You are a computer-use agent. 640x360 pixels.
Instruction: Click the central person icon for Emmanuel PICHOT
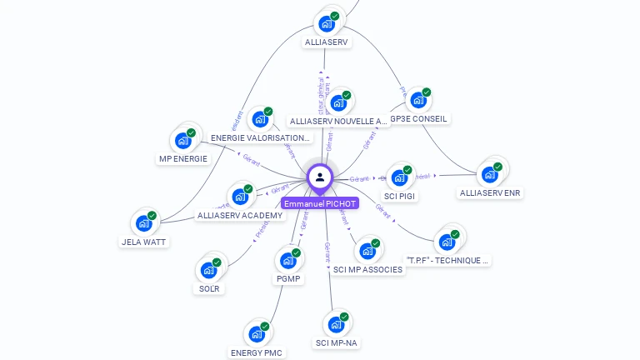tap(320, 177)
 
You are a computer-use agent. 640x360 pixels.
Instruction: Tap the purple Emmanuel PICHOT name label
tap(320, 203)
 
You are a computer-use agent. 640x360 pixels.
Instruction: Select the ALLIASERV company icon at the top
tap(327, 23)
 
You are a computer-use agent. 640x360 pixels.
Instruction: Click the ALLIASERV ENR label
tap(490, 193)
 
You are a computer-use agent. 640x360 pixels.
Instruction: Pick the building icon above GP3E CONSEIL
tap(418, 101)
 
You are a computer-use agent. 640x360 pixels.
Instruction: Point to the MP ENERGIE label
tap(182, 158)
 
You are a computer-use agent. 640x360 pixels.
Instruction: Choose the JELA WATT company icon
tap(144, 223)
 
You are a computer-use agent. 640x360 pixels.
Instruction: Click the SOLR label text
tap(209, 289)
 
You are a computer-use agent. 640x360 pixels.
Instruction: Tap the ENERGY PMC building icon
tap(257, 334)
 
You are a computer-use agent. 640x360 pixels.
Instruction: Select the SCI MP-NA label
tap(337, 342)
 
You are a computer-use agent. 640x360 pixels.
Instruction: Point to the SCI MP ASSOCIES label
tap(367, 269)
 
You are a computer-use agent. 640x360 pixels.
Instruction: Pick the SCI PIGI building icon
tap(400, 177)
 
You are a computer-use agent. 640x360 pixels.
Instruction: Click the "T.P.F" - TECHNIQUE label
tap(447, 260)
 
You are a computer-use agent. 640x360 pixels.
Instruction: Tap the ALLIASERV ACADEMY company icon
tap(240, 197)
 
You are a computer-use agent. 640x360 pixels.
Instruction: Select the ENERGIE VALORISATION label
tap(260, 137)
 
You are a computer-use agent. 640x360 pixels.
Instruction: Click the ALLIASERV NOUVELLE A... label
tap(338, 121)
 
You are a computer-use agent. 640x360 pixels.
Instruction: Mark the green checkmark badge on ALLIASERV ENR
tap(497, 167)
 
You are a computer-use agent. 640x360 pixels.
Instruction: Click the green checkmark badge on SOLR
tap(217, 262)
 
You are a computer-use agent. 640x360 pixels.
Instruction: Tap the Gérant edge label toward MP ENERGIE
tap(250, 156)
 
